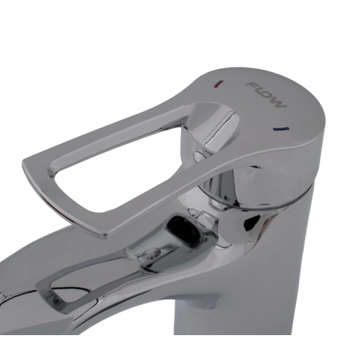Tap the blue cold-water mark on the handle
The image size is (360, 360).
coord(281,128)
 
